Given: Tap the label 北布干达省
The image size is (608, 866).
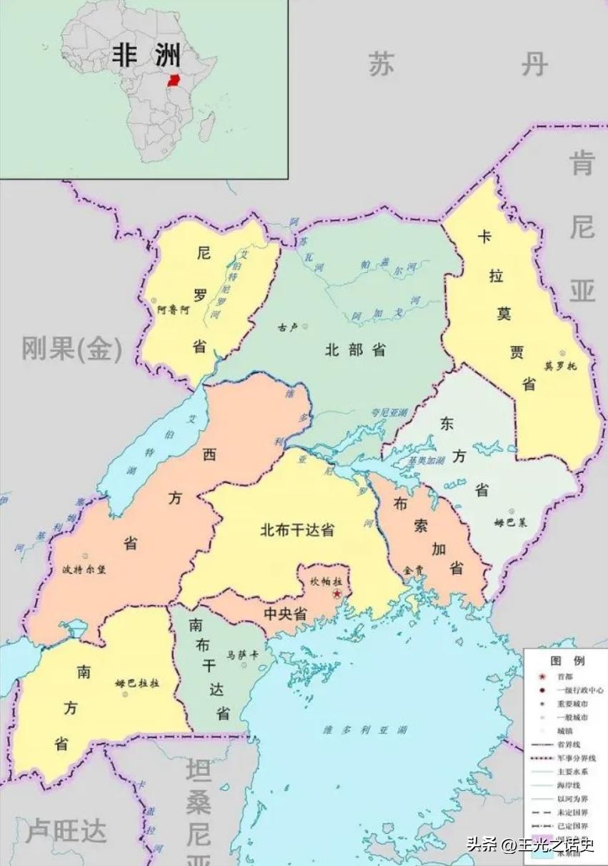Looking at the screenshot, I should point(297,530).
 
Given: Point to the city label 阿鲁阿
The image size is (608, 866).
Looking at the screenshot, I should point(174,310).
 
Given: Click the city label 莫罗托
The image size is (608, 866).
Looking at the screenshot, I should point(560,366).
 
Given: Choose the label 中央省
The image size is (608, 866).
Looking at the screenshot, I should point(285,614).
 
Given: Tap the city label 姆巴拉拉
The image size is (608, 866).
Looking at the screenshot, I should point(137,683).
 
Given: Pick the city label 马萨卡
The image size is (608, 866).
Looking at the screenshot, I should point(239,654).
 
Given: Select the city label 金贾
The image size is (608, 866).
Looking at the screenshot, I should point(414,570).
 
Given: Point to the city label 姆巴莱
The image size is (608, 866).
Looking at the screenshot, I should point(510,522).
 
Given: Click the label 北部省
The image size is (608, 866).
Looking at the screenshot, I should point(355,349).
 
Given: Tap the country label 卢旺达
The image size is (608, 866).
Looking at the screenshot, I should point(66,832).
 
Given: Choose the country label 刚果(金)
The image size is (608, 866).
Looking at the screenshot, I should point(71,349).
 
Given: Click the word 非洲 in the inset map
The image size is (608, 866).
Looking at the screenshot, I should point(146,55).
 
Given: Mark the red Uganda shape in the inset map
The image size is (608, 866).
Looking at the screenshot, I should point(173,79).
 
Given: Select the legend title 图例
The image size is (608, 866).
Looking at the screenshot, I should point(567,660).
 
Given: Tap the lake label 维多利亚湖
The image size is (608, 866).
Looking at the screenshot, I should point(365,730).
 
